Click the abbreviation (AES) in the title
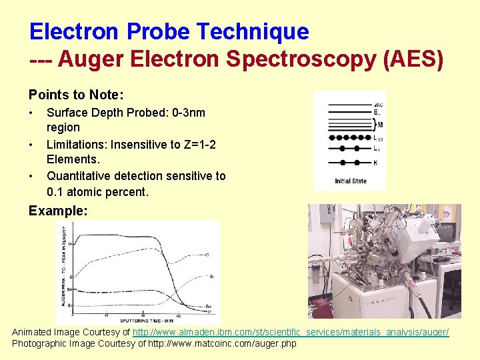click(x=413, y=59)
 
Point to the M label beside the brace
click(x=379, y=125)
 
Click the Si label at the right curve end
click(x=211, y=275)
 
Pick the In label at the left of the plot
click(x=70, y=244)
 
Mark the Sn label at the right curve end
click(x=209, y=306)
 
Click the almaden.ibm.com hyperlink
click(x=291, y=331)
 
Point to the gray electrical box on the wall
click(x=325, y=215)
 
